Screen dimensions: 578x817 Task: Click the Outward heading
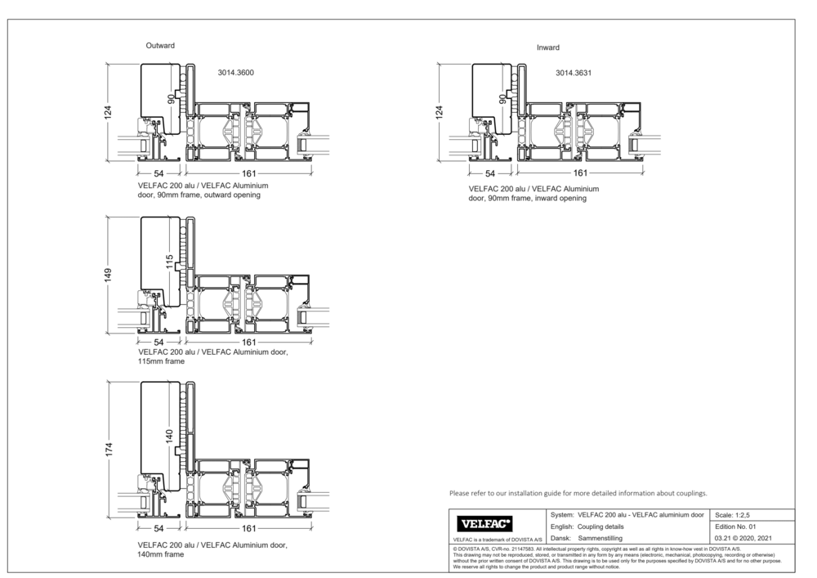(160, 46)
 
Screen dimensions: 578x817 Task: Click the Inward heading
(547, 47)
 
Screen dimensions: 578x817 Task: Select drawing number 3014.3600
(235, 73)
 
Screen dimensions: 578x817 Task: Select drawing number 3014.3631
(574, 73)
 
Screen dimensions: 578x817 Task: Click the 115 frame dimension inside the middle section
(169, 262)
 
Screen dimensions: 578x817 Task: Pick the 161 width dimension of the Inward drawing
(580, 173)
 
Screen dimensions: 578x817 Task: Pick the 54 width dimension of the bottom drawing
(158, 528)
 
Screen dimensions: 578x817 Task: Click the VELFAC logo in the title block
(486, 523)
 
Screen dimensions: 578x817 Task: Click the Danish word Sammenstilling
(600, 539)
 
